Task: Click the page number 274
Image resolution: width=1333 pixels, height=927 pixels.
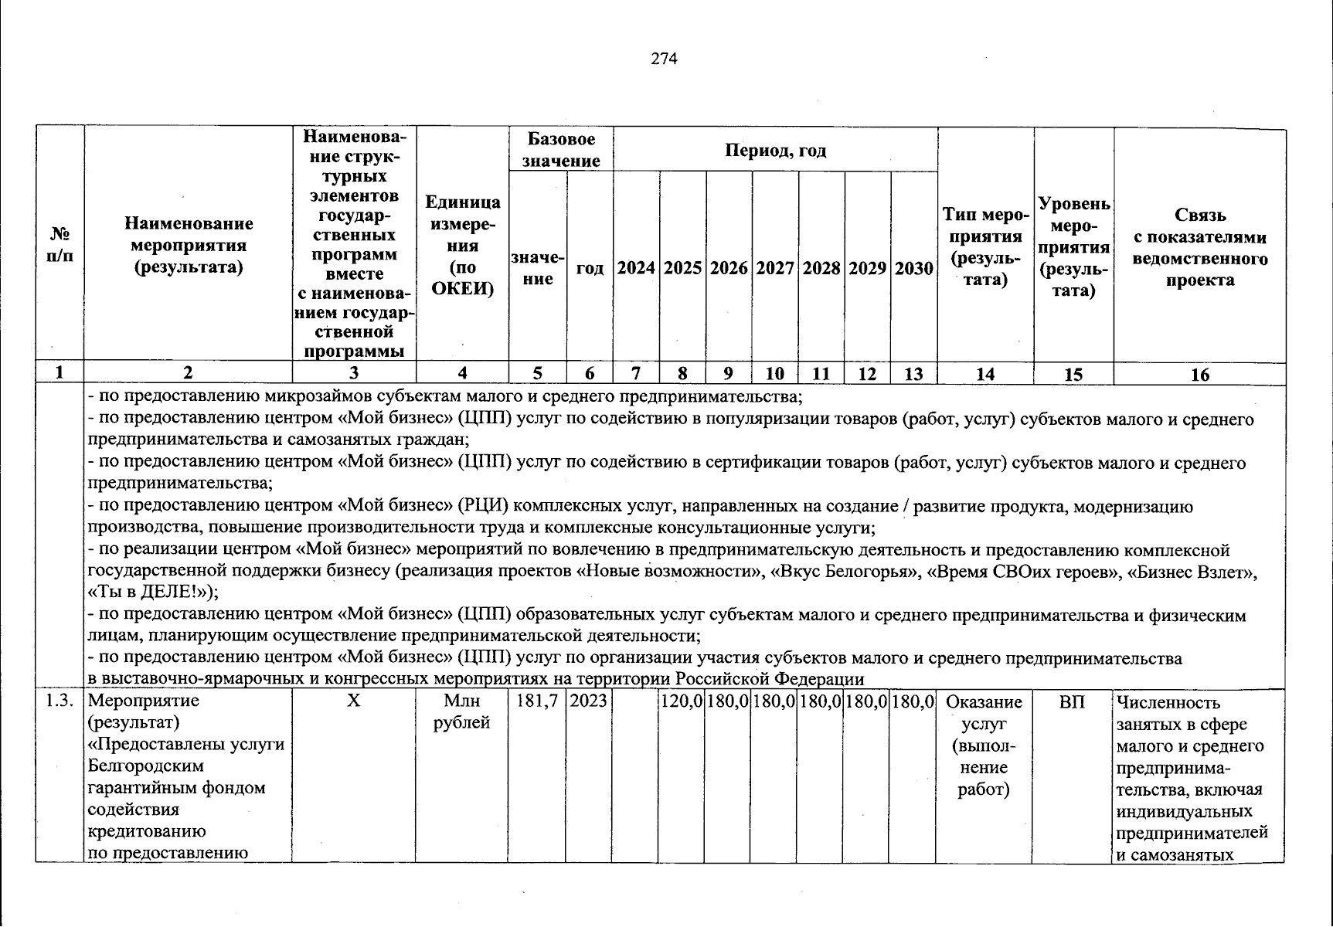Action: click(x=665, y=59)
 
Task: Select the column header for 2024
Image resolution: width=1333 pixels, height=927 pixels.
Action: click(x=636, y=268)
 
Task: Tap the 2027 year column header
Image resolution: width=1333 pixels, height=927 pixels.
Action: click(x=775, y=268)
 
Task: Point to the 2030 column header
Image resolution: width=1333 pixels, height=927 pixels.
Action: click(x=913, y=268)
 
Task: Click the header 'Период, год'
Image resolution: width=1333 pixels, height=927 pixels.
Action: click(x=775, y=150)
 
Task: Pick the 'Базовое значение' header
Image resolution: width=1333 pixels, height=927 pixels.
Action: click(x=561, y=150)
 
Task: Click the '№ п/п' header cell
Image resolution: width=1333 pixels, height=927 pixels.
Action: click(x=60, y=244)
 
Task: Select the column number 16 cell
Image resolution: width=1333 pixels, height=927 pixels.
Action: click(x=1199, y=375)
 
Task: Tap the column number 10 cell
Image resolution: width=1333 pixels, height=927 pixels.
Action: click(x=775, y=375)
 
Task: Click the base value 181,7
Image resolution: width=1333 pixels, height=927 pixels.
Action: click(x=537, y=702)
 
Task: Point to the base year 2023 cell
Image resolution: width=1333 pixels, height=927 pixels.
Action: click(x=589, y=702)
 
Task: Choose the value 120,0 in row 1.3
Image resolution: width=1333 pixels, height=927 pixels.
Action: click(x=681, y=702)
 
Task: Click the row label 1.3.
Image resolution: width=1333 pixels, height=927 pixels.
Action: click(x=60, y=701)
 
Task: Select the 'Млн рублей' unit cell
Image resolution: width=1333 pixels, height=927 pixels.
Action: click(x=462, y=712)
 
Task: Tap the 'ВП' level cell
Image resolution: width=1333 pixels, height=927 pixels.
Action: click(x=1073, y=702)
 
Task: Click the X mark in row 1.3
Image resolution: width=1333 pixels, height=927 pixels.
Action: click(x=353, y=702)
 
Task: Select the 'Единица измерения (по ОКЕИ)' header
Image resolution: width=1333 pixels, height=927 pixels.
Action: click(x=462, y=246)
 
